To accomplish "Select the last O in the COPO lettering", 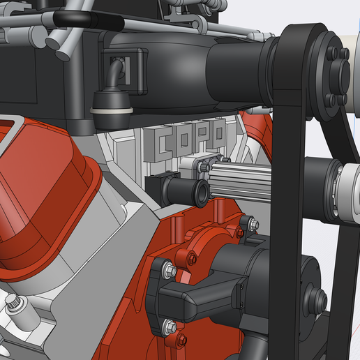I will pos(218,132).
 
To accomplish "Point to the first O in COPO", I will pos(185,139).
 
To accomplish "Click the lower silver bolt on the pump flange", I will pos(168,324).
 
